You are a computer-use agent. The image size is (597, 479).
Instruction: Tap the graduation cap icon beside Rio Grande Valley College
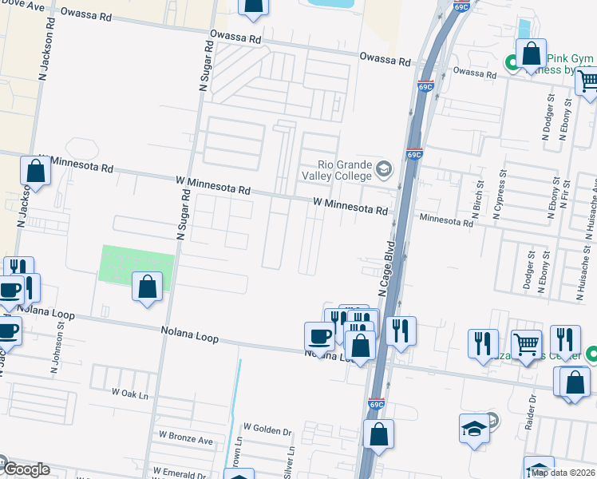(384, 169)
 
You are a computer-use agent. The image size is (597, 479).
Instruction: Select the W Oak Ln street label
(130, 394)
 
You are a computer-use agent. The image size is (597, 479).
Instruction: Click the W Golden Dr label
(267, 430)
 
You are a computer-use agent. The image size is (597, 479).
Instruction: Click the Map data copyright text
(563, 473)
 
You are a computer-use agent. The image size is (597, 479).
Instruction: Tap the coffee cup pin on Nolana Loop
(319, 335)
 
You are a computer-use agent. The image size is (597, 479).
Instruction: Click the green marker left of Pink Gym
(511, 61)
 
